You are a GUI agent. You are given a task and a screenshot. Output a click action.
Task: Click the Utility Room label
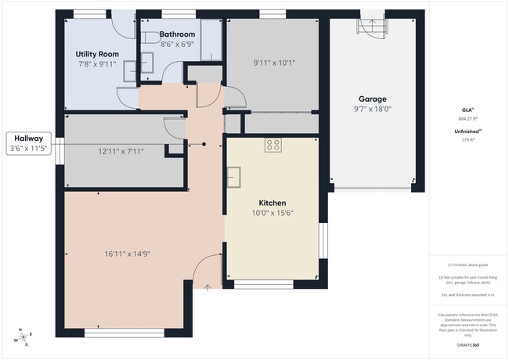96,53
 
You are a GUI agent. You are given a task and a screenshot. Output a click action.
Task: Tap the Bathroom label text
178,34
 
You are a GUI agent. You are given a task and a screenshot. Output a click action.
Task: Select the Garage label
373,99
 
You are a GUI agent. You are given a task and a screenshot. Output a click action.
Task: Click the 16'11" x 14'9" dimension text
127,253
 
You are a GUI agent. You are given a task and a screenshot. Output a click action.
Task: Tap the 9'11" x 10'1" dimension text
274,63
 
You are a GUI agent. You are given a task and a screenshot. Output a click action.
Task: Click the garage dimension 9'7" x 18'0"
373,110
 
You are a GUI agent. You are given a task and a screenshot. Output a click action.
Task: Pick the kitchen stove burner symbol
273,144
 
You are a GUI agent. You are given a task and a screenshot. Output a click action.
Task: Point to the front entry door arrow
208,288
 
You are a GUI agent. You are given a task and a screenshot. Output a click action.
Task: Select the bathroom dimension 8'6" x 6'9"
178,45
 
